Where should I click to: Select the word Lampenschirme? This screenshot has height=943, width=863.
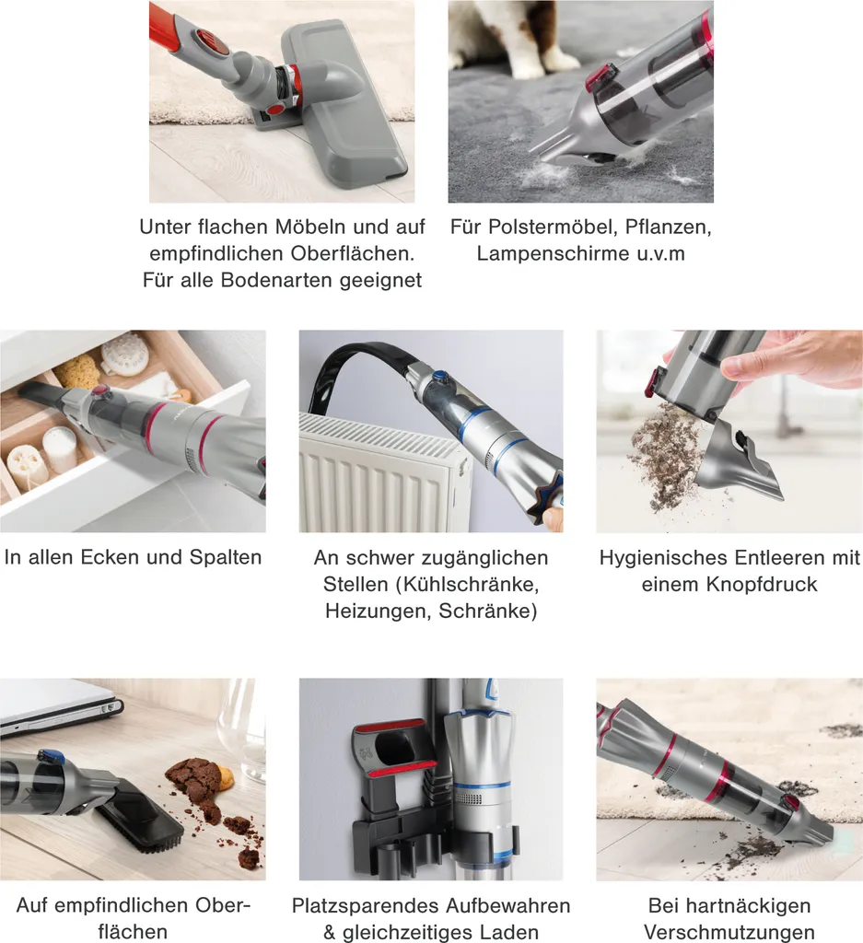553,254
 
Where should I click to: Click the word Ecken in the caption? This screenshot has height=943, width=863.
110,557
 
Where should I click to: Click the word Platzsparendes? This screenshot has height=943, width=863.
366,906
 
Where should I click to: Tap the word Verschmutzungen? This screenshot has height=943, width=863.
729,932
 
